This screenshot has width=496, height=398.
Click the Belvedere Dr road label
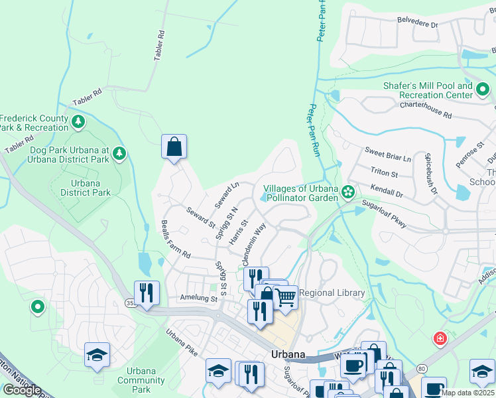pyautogui.click(x=418, y=23)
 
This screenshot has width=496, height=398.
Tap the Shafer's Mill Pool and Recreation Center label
pyautogui.click(x=428, y=90)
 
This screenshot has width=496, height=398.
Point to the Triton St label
pyautogui.click(x=384, y=174)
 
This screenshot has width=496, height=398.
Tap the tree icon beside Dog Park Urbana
pyautogui.click(x=119, y=154)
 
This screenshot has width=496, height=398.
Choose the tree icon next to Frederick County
pyautogui.click(x=78, y=121)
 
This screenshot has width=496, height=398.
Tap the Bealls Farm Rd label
pyautogui.click(x=176, y=239)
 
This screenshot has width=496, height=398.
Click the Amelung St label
pyautogui.click(x=199, y=300)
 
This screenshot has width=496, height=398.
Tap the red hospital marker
pyautogui.click(x=440, y=339)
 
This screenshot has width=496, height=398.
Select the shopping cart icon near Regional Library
pyautogui.click(x=285, y=297)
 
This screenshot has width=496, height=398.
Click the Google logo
pyautogui.click(x=22, y=390)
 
